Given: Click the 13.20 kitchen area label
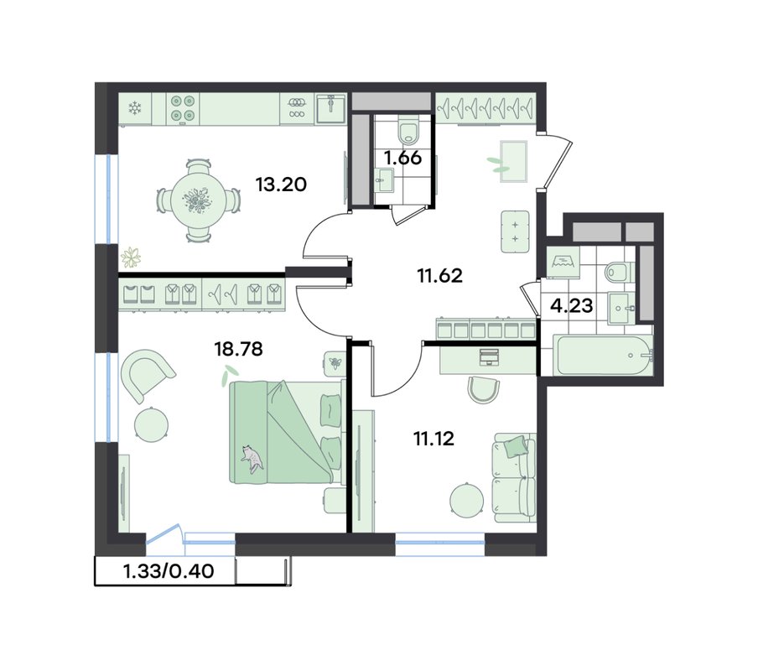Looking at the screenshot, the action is point(282,185).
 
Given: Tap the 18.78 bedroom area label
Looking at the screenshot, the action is point(238,348).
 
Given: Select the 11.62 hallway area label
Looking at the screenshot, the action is point(440,276).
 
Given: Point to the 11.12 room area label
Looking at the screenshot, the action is point(434,439).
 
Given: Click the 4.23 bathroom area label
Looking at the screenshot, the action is point(572,305).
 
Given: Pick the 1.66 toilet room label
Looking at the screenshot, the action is point(402,158).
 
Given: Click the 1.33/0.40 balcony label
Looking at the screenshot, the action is point(169,571).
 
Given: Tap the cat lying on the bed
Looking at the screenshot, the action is point(252,458).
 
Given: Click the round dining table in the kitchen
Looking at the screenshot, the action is point(198,200).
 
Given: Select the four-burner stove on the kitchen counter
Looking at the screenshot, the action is point(183,108).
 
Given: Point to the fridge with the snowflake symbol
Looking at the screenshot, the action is point(135,108).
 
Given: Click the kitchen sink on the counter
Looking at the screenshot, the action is point(330,108).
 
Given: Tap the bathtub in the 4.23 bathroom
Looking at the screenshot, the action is point(604,355).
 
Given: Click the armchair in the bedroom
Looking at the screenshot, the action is point(146,374).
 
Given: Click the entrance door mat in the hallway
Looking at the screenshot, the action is point(513,162).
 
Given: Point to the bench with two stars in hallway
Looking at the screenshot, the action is point(515,231).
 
